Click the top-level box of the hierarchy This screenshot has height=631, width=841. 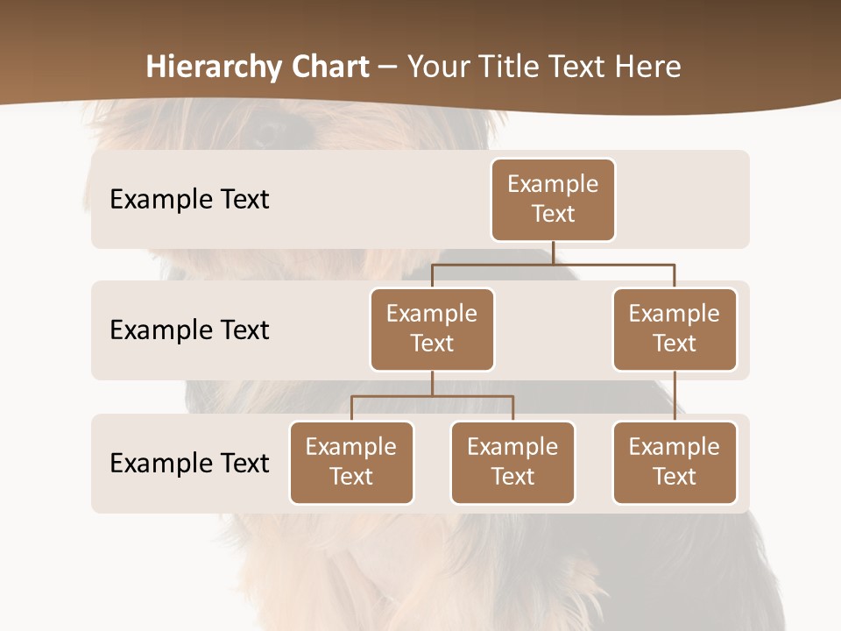553,199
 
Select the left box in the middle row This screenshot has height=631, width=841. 432,329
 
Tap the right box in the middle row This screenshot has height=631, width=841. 675,329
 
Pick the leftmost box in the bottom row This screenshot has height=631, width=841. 351,462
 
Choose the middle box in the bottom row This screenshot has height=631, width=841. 512,462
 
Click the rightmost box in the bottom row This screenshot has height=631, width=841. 675,462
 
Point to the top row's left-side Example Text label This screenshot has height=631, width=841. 189,200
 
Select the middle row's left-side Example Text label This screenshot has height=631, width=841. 189,330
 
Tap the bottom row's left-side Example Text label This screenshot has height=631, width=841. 189,463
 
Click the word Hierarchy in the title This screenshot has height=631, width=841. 214,67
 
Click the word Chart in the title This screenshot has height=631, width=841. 329,67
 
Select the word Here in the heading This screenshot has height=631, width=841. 650,67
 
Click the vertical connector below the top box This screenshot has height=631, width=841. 553,252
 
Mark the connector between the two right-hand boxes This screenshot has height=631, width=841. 675,396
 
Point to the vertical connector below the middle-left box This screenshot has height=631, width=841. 432,383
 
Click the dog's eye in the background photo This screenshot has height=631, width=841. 268,131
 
